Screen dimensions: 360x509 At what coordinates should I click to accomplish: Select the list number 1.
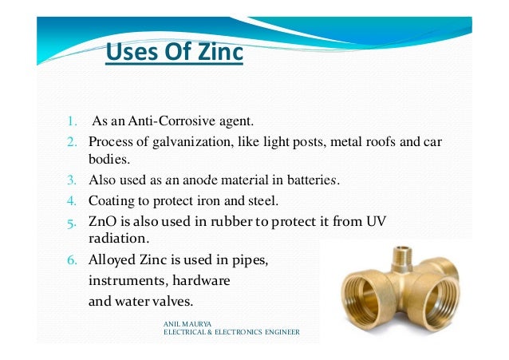70,122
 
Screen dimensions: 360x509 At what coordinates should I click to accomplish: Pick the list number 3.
70,180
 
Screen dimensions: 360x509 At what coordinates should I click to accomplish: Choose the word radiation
114,237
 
